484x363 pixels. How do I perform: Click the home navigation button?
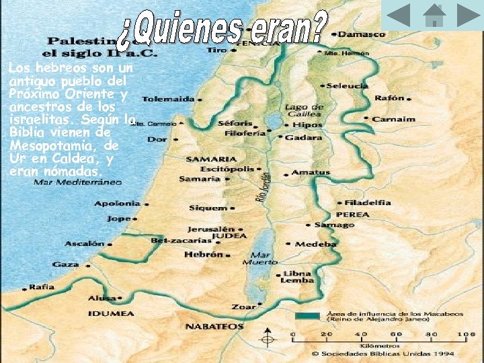[434, 15]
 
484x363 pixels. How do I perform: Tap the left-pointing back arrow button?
[399, 15]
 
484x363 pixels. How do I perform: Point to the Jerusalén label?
[211, 229]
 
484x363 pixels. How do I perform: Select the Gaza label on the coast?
[65, 264]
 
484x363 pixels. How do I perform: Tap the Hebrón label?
[203, 255]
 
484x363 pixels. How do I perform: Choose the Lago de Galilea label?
[303, 110]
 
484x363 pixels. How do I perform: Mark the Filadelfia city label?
[367, 202]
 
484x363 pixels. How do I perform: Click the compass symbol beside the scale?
[268, 339]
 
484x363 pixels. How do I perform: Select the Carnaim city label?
[394, 119]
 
